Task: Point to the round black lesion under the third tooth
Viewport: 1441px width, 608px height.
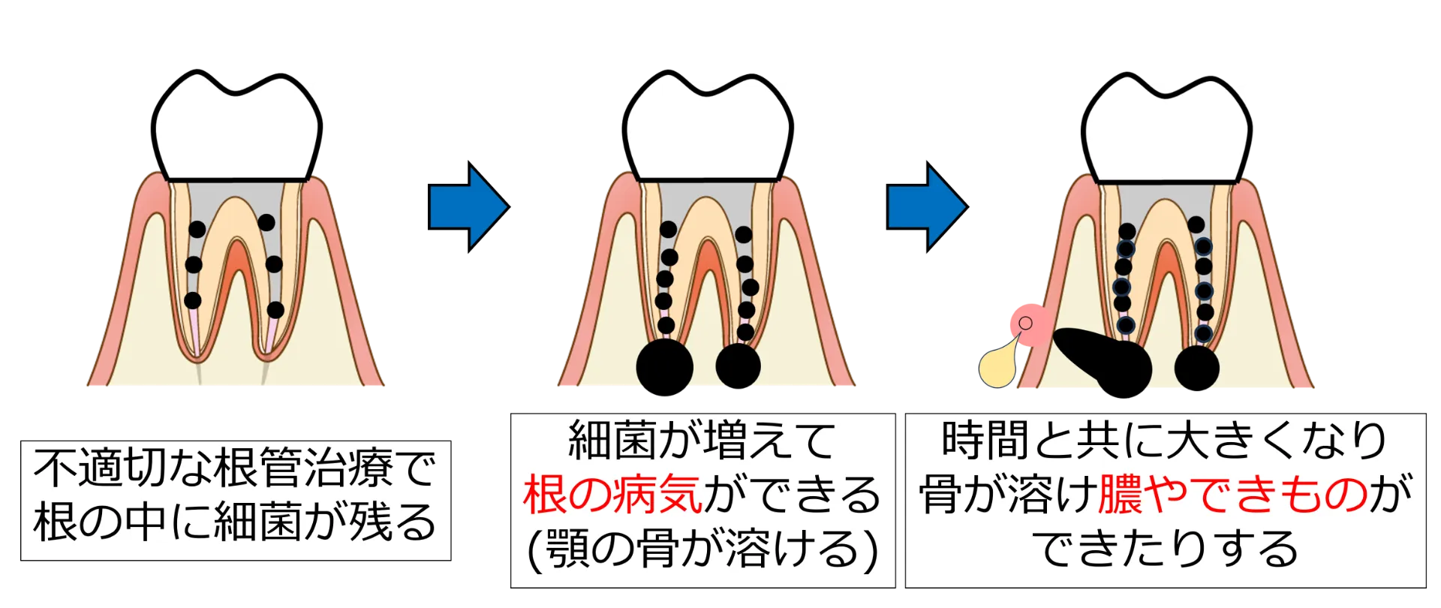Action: click(1196, 368)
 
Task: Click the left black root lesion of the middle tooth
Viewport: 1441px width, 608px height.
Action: click(664, 367)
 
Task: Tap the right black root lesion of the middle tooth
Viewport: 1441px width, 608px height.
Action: click(739, 366)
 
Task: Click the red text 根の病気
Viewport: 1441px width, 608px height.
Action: click(612, 495)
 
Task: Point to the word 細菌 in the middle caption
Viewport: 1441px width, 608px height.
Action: click(612, 440)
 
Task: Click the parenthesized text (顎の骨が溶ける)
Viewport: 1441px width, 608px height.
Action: click(703, 550)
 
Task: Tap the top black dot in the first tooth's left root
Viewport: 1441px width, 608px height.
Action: click(197, 229)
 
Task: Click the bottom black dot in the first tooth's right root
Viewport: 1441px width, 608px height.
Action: click(275, 309)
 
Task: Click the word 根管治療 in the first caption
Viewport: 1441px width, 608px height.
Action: click(302, 468)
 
